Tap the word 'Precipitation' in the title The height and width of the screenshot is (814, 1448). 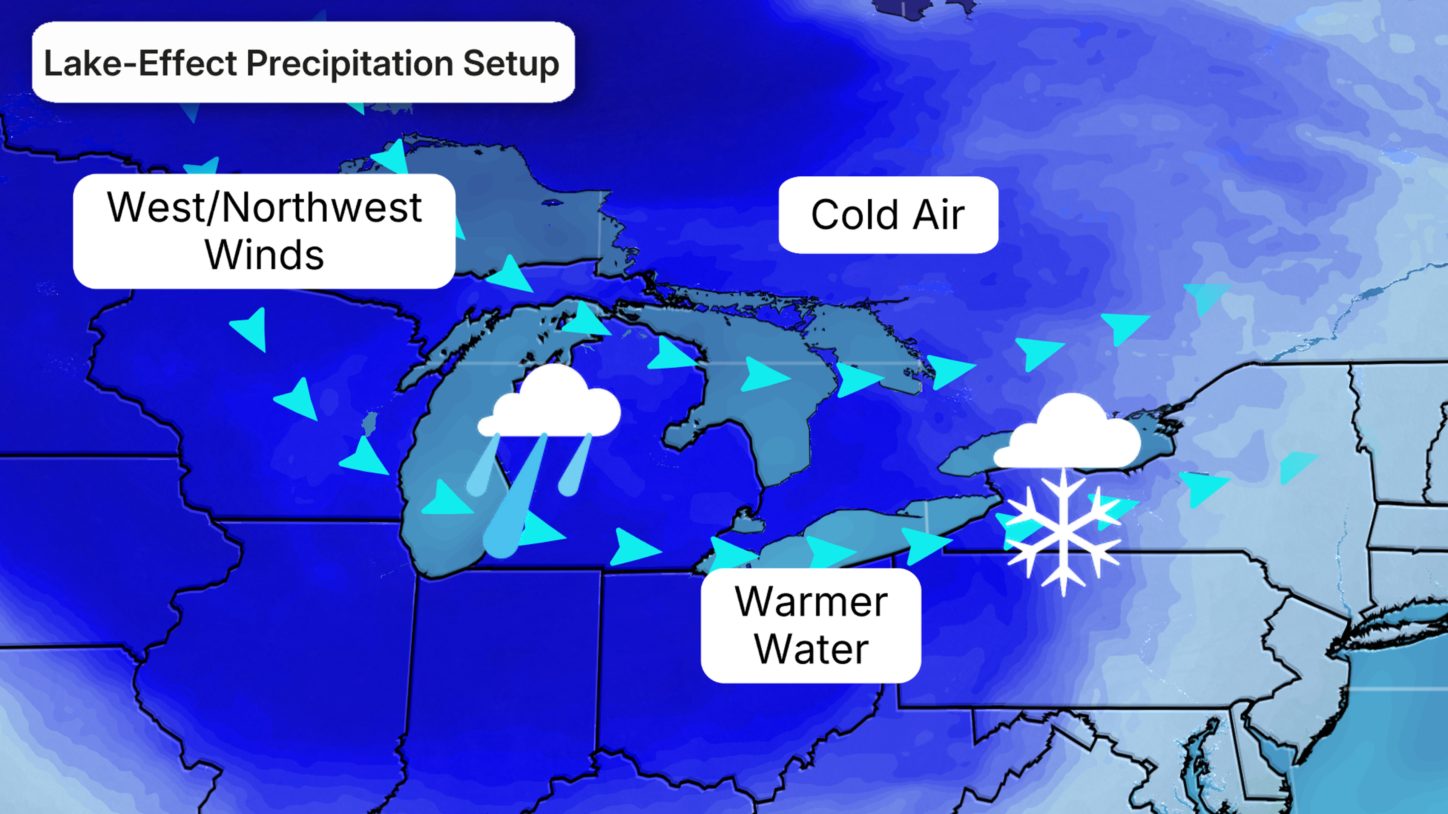click(x=350, y=63)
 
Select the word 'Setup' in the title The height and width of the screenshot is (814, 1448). click(x=511, y=63)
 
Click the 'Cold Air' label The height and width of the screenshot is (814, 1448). click(x=888, y=214)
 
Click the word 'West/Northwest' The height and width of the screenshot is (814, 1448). click(x=264, y=207)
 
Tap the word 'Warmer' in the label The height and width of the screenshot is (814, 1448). click(x=811, y=602)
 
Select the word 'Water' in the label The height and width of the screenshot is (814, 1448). click(x=811, y=649)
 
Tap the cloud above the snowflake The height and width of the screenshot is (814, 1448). click(x=1068, y=435)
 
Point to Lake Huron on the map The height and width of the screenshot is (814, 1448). click(x=787, y=427)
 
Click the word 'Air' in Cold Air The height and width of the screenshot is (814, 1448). click(x=938, y=214)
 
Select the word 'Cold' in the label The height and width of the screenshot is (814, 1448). click(x=854, y=214)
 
